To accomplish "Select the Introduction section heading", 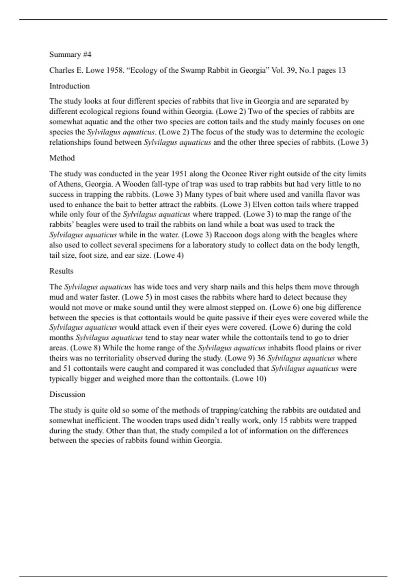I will [x=70, y=86].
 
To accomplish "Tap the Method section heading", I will [x=62, y=158].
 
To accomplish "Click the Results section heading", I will [x=61, y=271].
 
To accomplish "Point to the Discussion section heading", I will [x=67, y=394].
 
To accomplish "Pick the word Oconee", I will [x=234, y=174].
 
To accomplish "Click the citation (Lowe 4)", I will [x=169, y=255].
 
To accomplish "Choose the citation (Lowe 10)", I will [x=249, y=378].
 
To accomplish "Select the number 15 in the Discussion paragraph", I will [x=284, y=420].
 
